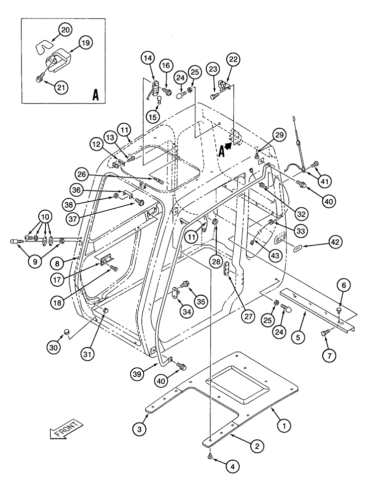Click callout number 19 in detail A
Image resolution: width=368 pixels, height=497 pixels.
coord(85,43)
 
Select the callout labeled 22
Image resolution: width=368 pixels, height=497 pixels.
coord(233,59)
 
